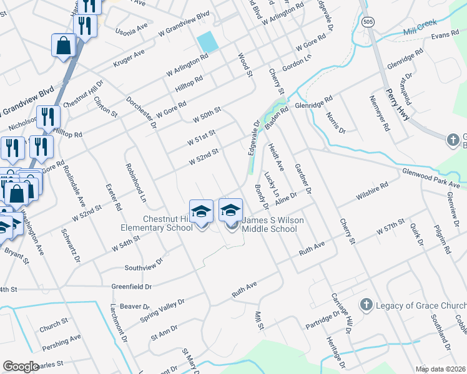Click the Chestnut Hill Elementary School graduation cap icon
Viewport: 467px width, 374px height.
[201, 211]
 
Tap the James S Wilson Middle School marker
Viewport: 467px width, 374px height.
[230, 211]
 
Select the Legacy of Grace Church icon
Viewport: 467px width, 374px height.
[366, 305]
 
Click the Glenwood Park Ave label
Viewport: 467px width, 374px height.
[431, 178]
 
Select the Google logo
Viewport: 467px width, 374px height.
[20, 367]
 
